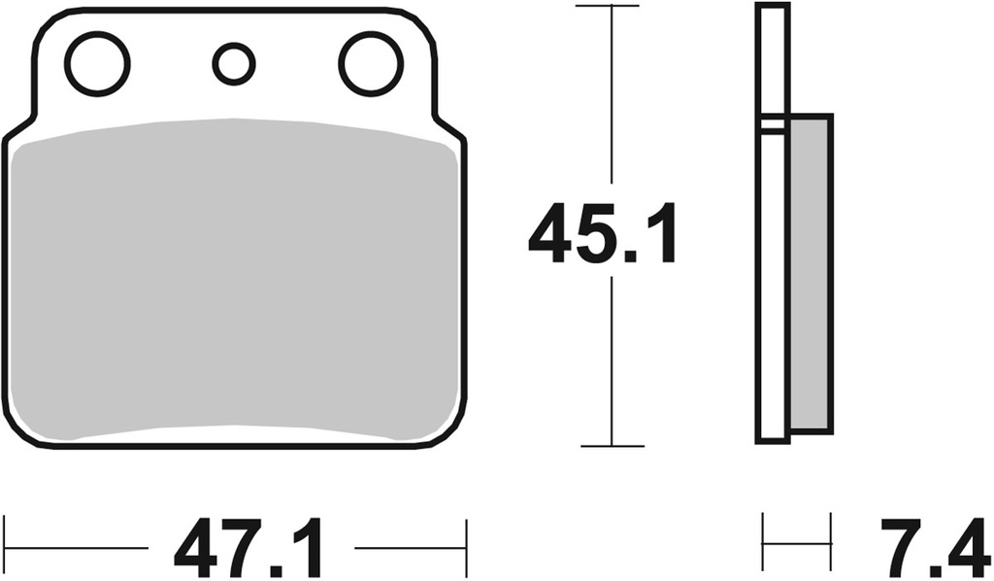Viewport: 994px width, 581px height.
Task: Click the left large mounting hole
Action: click(x=97, y=64)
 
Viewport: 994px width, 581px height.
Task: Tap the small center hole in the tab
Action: click(x=233, y=64)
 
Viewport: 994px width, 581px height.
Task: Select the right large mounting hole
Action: click(x=371, y=64)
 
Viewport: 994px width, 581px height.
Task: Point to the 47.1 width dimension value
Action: click(x=250, y=550)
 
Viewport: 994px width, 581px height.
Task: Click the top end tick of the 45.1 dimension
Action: click(x=611, y=6)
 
